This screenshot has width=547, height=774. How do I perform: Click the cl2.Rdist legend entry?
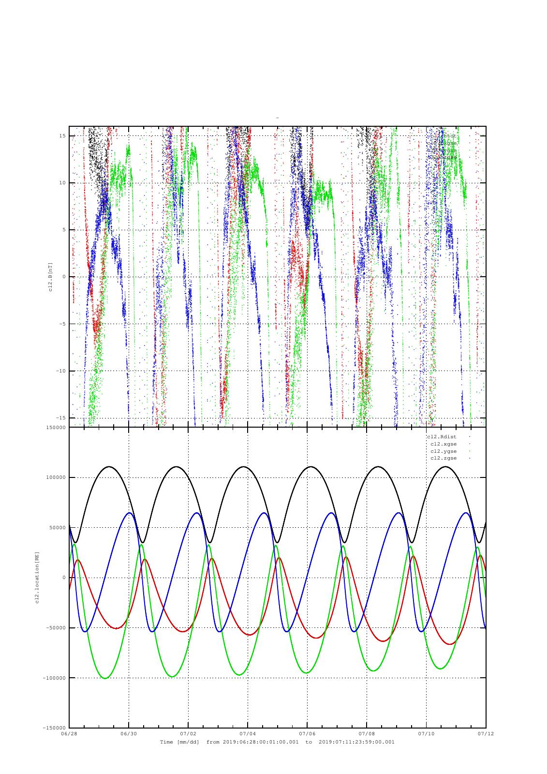pyautogui.click(x=441, y=437)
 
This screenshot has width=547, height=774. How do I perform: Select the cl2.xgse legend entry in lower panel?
pyautogui.click(x=443, y=444)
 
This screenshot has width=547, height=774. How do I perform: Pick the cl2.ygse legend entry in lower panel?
pyautogui.click(x=443, y=451)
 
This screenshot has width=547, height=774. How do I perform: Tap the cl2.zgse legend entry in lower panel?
pyautogui.click(x=443, y=458)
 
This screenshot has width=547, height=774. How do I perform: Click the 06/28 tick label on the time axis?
pyautogui.click(x=69, y=733)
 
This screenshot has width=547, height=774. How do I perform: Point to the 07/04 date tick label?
pyautogui.click(x=248, y=733)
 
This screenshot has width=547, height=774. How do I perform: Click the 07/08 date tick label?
pyautogui.click(x=367, y=733)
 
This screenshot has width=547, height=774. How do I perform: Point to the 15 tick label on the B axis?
pyautogui.click(x=62, y=136)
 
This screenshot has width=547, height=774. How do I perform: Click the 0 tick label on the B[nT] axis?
pyautogui.click(x=64, y=277)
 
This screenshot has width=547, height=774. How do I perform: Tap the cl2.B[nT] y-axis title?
pyautogui.click(x=50, y=276)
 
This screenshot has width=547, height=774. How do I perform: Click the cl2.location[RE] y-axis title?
pyautogui.click(x=36, y=577)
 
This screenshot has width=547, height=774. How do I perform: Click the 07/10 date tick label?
pyautogui.click(x=426, y=733)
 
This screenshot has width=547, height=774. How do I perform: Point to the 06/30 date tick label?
pyautogui.click(x=129, y=733)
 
